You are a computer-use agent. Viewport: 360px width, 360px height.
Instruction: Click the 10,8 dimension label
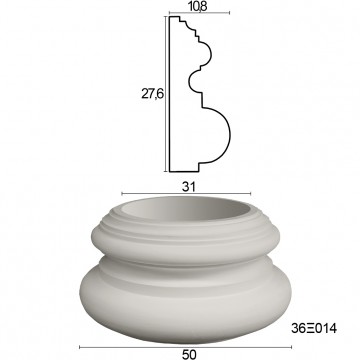[x=199, y=6]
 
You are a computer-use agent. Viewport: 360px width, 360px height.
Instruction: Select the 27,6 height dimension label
[x=152, y=94]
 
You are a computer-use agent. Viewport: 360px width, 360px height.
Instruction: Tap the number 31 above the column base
[x=188, y=187]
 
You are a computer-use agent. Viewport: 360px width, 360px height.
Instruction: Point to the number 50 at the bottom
[x=189, y=354]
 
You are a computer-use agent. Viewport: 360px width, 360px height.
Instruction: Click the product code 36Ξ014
[x=314, y=329]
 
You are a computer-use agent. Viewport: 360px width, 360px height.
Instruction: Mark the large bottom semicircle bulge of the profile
[x=229, y=135]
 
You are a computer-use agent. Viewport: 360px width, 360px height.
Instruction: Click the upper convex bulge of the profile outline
[x=212, y=53]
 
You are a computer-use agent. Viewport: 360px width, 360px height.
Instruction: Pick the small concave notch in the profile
[x=189, y=81]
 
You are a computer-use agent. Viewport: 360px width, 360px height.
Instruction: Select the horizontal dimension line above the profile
[x=199, y=13]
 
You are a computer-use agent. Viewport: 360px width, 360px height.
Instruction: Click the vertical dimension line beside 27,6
[x=166, y=94]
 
